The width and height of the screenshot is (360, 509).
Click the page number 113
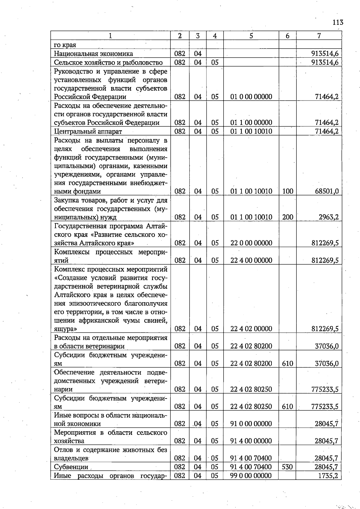[337, 23]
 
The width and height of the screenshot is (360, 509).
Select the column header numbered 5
[251, 36]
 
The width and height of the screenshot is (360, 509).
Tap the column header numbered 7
[319, 36]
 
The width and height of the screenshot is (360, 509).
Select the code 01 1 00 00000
[251, 122]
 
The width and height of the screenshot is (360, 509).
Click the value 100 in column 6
[287, 191]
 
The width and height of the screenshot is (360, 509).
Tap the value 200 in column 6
[287, 217]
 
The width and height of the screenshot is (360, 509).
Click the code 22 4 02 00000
[251, 329]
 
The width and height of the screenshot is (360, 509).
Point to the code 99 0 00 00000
[251, 475]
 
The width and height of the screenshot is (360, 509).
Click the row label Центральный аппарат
[88, 131]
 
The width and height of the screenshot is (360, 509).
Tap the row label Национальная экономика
[93, 54]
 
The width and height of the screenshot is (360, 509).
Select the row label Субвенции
[71, 467]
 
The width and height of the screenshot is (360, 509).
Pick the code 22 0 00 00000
[251, 243]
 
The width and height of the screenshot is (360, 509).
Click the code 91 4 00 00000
[251, 441]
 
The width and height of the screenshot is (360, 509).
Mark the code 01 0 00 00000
[251, 97]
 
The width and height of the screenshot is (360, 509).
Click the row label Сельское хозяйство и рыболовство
[108, 62]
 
